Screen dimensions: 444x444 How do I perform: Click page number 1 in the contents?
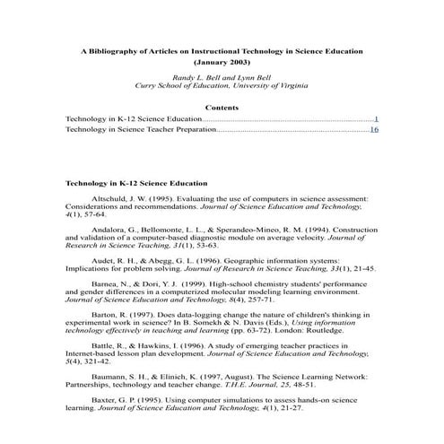click(x=376, y=118)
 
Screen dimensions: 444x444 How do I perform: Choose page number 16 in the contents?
click(x=374, y=130)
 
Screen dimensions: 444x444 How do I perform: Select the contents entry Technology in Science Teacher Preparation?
click(x=141, y=130)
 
